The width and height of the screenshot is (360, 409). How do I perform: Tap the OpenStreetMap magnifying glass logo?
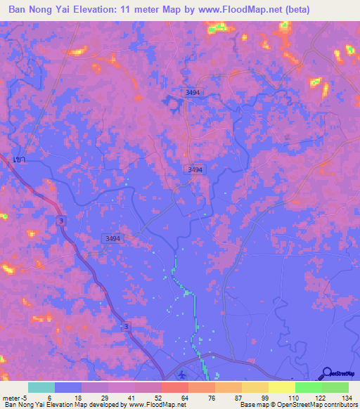click(327, 373)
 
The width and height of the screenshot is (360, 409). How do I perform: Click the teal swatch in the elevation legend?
click(41, 387)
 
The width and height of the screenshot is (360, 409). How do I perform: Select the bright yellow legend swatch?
click(282, 387)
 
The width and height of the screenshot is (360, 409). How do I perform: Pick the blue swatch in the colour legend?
click(68, 387)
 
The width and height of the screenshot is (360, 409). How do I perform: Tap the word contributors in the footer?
click(342, 405)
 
